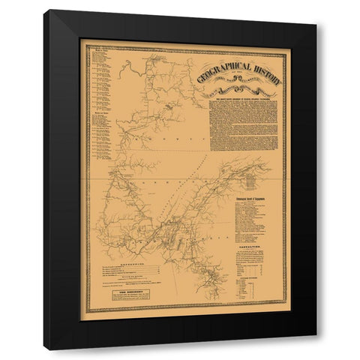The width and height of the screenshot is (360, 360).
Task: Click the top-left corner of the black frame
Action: click(x=46, y=11)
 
